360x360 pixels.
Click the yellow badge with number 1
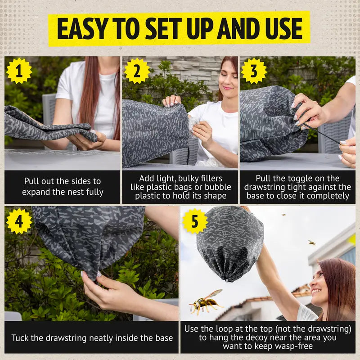pos(19,71)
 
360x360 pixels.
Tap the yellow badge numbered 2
pos(137,71)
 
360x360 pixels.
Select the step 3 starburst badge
pos(254,71)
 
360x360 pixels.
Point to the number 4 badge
pos(19,221)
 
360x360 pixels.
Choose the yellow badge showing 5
pos(195,221)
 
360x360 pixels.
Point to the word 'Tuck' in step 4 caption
pos(21,337)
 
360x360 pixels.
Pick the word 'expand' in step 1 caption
pos(35,192)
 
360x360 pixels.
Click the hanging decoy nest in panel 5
pos(229,243)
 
